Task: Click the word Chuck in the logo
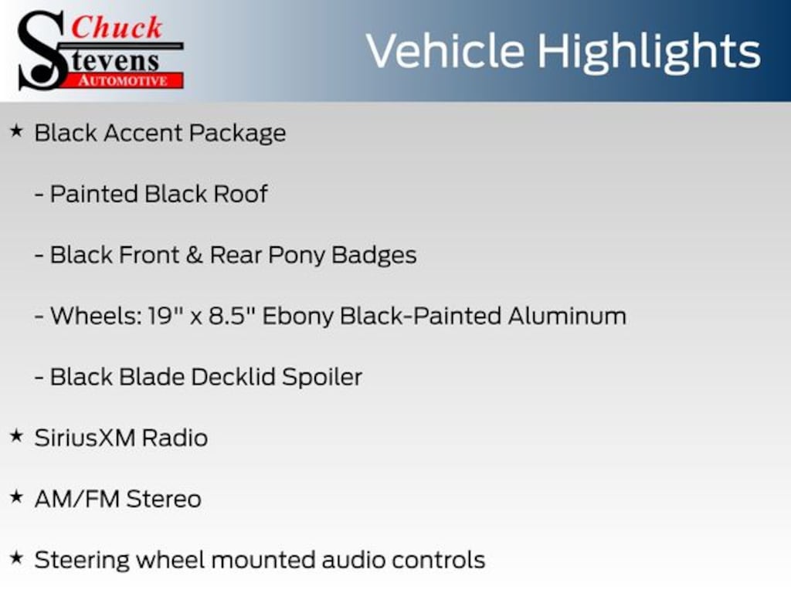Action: pos(117,27)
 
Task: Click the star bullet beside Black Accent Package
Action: pos(17,131)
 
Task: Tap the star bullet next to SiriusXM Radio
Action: pos(17,435)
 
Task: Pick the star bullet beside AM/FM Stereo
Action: pos(17,496)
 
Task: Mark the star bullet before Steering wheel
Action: pos(17,557)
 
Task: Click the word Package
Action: pos(238,134)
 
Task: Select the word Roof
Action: pos(240,194)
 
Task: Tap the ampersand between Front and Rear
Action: pos(194,255)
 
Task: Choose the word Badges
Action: pos(374,256)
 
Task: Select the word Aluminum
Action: pos(567,316)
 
